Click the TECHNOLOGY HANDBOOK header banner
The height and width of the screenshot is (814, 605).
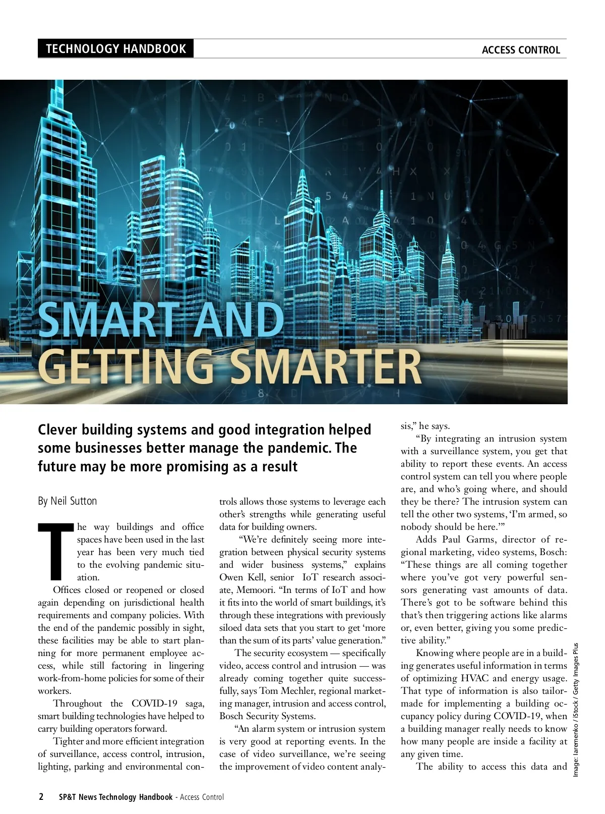click(115, 49)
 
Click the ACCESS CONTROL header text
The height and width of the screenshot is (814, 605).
click(521, 50)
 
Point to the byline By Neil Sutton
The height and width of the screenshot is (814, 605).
click(68, 501)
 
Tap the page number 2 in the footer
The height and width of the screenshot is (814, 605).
click(41, 797)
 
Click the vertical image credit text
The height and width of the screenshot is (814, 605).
click(576, 709)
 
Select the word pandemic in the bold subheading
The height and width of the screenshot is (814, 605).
click(285, 448)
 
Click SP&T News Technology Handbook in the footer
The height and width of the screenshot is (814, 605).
click(115, 797)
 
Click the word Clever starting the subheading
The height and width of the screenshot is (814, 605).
click(57, 430)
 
